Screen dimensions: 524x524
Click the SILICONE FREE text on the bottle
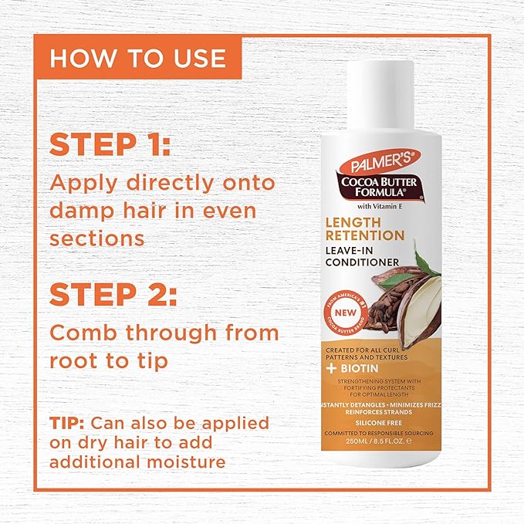pyautogui.click(x=376, y=423)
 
